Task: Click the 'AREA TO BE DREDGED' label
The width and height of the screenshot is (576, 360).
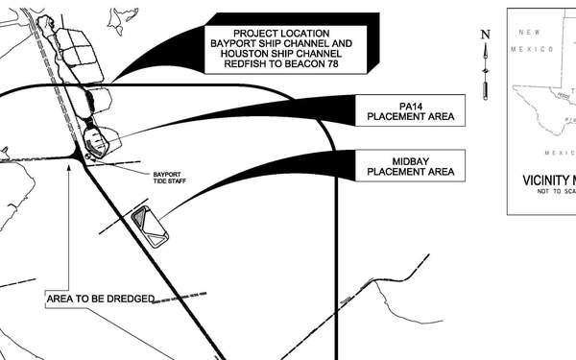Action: point(100,300)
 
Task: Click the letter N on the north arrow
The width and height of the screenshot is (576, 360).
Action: point(486,36)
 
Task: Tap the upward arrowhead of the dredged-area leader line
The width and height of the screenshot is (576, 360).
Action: point(70,166)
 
